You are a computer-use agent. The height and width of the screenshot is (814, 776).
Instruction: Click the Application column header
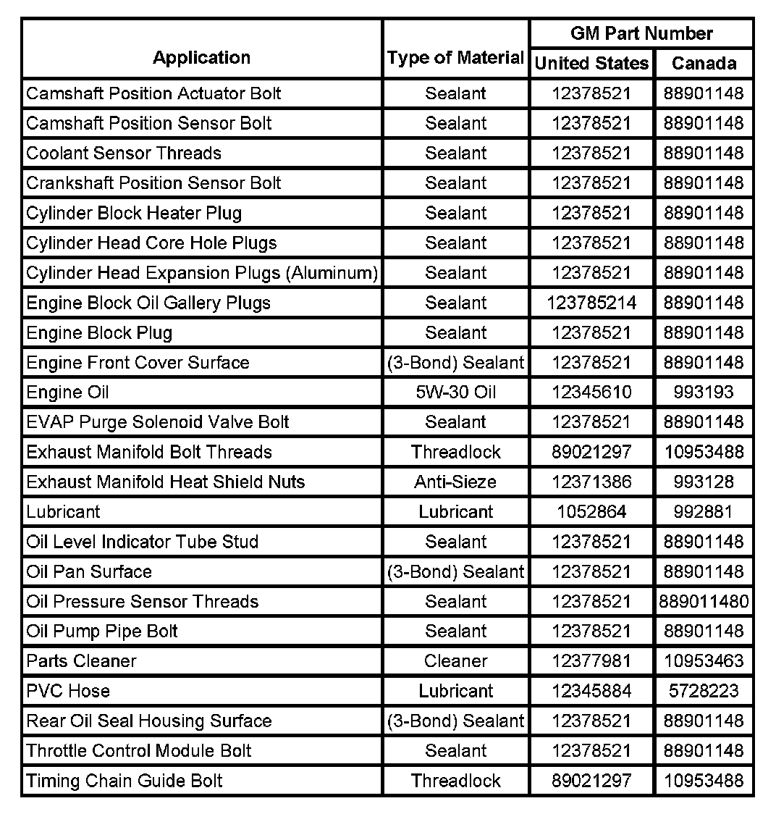[201, 58]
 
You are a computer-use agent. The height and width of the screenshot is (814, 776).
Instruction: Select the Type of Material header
[455, 58]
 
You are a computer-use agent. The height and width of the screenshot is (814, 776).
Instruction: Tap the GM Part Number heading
[641, 33]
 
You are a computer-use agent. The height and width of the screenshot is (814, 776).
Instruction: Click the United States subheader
[591, 64]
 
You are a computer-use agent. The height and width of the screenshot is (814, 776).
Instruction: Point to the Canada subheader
[704, 64]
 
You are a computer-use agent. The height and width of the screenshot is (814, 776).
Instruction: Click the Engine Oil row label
[67, 393]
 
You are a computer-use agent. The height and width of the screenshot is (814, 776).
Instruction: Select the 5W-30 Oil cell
[455, 393]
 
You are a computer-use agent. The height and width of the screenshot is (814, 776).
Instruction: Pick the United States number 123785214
[591, 303]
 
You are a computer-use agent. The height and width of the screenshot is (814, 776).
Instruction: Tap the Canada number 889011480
[704, 601]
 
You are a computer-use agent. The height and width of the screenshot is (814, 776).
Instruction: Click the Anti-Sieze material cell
[455, 482]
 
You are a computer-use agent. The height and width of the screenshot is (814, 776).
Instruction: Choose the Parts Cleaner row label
[81, 660]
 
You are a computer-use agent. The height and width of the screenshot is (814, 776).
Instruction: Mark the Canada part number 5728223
[704, 691]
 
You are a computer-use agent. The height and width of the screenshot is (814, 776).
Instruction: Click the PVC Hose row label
[68, 691]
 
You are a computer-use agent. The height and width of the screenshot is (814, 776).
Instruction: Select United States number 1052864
[591, 512]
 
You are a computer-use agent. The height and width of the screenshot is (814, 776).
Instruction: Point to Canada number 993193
[704, 393]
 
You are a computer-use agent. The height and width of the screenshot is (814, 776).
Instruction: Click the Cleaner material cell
[455, 660]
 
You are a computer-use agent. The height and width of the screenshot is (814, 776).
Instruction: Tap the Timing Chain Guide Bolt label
[124, 781]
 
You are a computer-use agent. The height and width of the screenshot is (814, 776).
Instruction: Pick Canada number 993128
[704, 482]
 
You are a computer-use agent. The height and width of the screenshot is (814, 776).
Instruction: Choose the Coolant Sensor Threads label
[124, 154]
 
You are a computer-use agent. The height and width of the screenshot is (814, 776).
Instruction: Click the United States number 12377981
[591, 660]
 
